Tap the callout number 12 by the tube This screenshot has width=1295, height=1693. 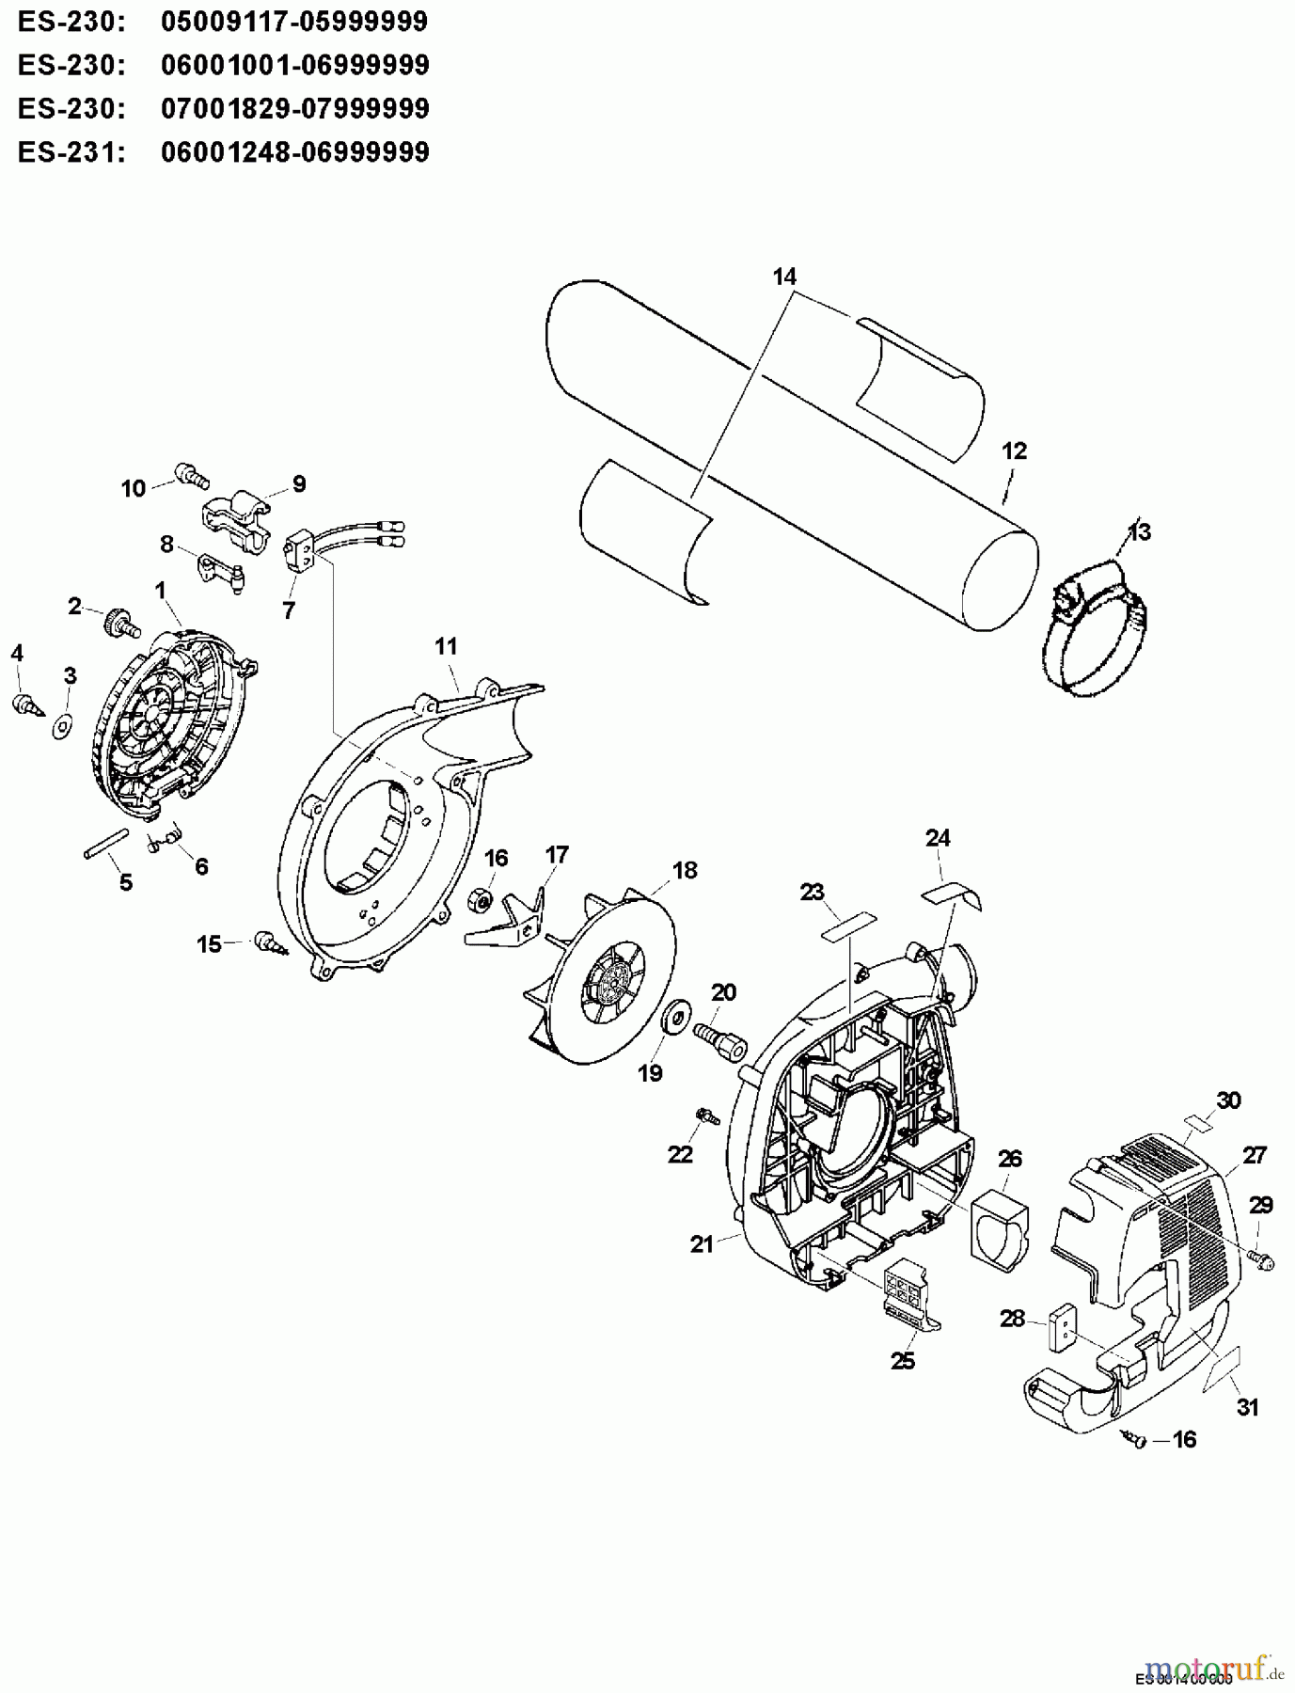tap(1014, 451)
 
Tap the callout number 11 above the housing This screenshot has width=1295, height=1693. tap(446, 647)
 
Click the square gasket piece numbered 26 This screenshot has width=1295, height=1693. tap(999, 1223)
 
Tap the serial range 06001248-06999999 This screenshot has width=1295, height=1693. tap(294, 151)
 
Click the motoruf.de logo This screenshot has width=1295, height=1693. tap(1213, 1668)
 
